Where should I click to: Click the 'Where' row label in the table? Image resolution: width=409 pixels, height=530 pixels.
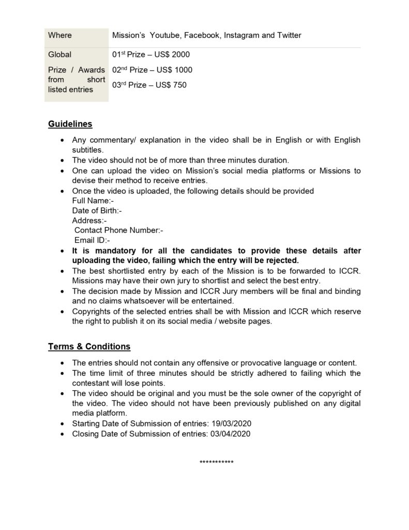click(60, 36)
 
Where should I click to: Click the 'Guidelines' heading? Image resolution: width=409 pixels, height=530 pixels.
click(70, 124)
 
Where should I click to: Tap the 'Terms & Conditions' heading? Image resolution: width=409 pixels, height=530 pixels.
click(89, 347)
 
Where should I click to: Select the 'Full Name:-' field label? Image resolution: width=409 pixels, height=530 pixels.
click(93, 201)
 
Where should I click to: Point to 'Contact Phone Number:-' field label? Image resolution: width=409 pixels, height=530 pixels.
click(119, 230)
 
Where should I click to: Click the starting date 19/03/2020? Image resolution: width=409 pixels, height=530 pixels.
click(230, 424)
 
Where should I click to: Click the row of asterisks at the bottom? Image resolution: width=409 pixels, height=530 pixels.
click(217, 462)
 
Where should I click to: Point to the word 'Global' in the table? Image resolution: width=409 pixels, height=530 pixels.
click(60, 54)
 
